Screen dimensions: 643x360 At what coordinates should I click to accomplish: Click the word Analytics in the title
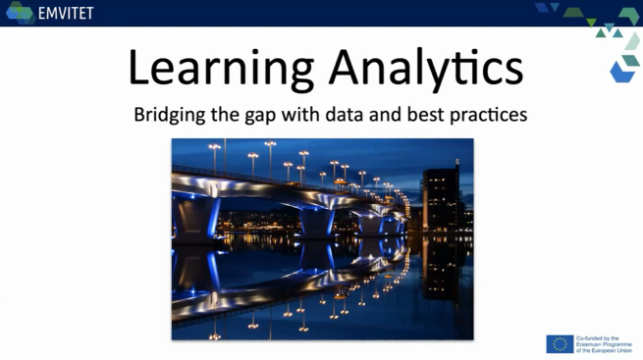pyautogui.click(x=426, y=68)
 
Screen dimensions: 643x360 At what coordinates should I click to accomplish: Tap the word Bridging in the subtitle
pyautogui.click(x=170, y=115)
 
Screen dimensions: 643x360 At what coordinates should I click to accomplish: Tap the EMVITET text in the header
pyautogui.click(x=66, y=13)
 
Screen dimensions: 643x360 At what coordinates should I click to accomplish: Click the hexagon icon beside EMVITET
pyautogui.click(x=20, y=13)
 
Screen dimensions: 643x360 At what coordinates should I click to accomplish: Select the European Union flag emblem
pyautogui.click(x=560, y=344)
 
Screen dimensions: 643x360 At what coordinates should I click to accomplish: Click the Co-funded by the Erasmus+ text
pyautogui.click(x=604, y=344)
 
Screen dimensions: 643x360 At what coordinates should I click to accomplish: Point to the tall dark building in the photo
pyautogui.click(x=441, y=198)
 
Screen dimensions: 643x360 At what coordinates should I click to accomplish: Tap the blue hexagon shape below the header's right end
pyautogui.click(x=622, y=72)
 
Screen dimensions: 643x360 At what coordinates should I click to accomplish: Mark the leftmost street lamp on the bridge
pyautogui.click(x=214, y=158)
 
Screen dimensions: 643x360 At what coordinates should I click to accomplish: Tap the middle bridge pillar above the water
pyautogui.click(x=317, y=223)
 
